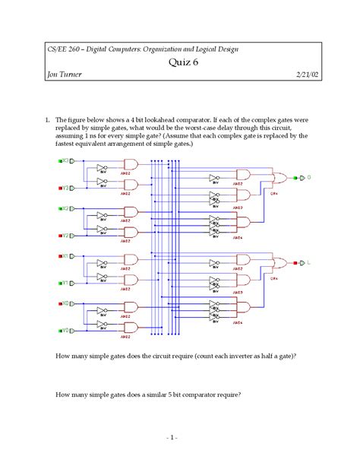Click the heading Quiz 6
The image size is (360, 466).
click(180, 64)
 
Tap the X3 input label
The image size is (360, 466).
click(65, 161)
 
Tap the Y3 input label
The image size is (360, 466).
click(65, 187)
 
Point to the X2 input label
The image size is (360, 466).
click(65, 208)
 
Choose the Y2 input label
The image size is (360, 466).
click(65, 235)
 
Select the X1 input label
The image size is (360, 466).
click(65, 256)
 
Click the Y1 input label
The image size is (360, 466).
click(65, 283)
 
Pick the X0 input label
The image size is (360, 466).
click(65, 303)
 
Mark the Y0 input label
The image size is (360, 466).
click(65, 331)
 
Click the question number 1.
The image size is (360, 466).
click(47, 120)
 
